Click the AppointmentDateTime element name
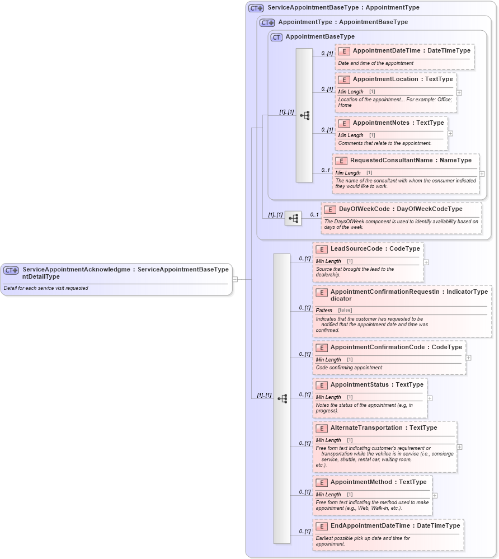(x=386, y=51)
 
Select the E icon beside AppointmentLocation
(x=344, y=79)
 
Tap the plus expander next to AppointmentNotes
(x=450, y=134)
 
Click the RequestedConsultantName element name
(x=391, y=161)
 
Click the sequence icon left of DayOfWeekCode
(x=293, y=218)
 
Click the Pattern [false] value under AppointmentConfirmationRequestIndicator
(x=345, y=310)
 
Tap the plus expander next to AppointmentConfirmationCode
(x=468, y=358)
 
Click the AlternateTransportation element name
(x=366, y=428)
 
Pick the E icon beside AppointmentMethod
(x=322, y=482)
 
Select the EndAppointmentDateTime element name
(x=371, y=526)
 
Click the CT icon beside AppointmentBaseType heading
(x=276, y=37)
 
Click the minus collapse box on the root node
(x=235, y=279)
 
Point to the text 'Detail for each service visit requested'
(x=46, y=289)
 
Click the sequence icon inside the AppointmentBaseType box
(x=304, y=115)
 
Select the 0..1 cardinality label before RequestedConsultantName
(x=325, y=170)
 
